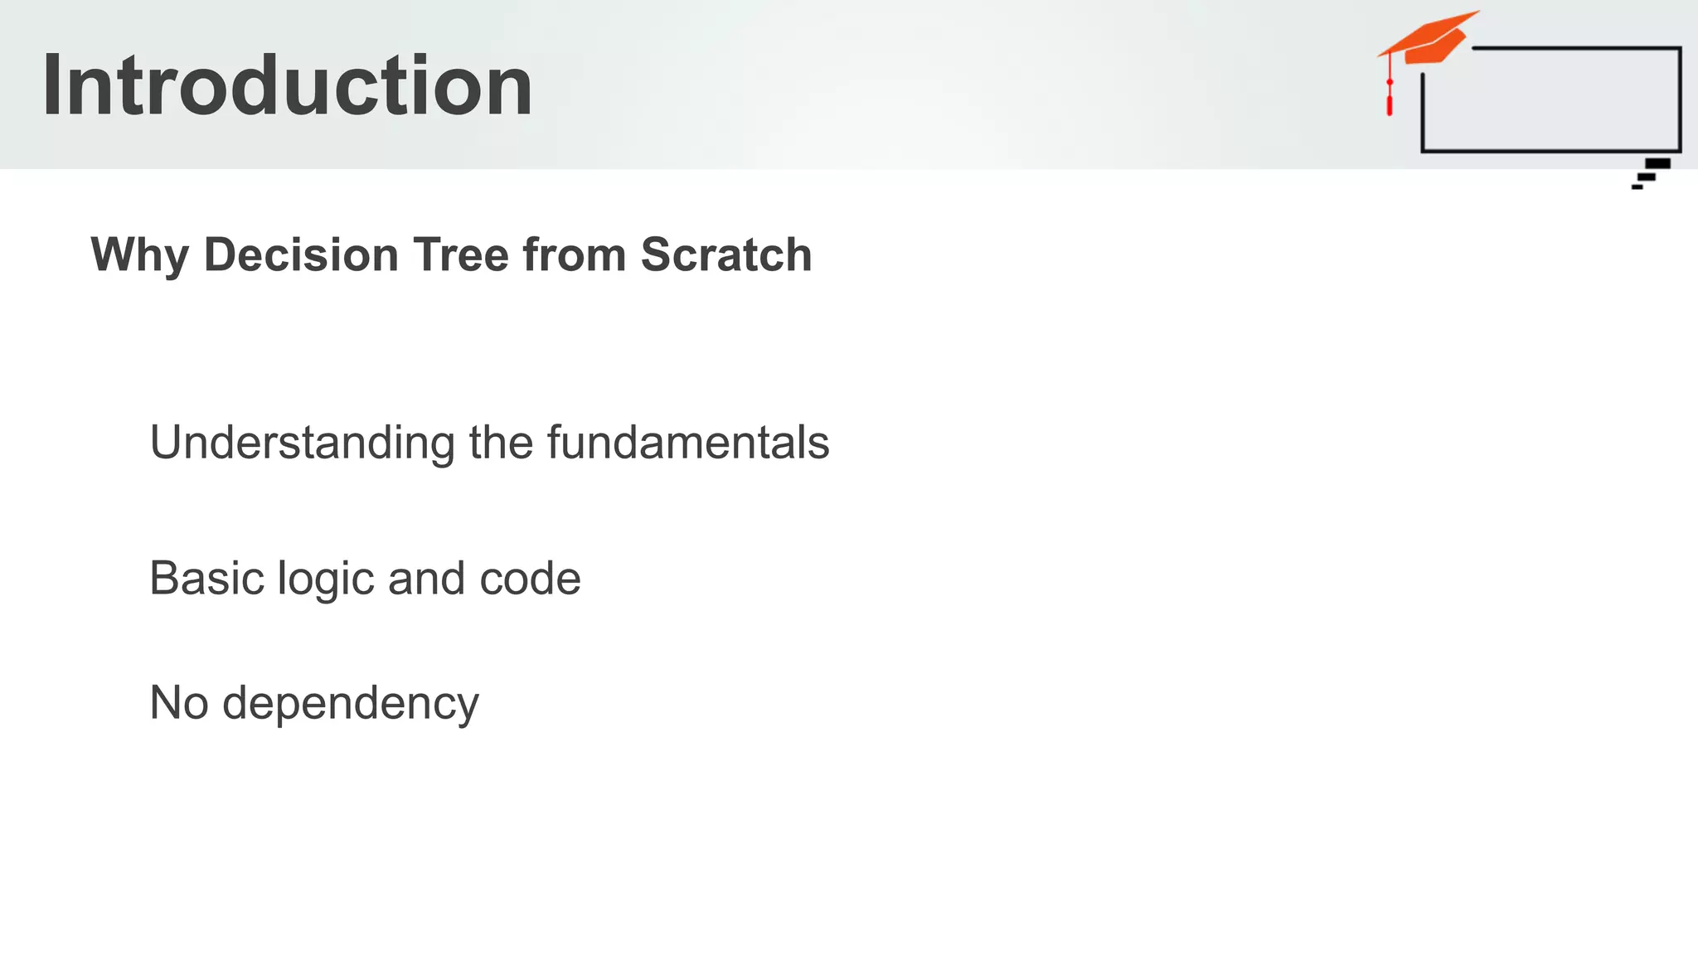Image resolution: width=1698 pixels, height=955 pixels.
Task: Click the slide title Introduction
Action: point(287,85)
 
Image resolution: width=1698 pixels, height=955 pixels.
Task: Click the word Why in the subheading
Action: point(139,255)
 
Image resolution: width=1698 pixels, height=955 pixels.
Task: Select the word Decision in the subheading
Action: point(301,254)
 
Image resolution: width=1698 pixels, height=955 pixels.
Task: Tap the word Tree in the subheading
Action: point(461,254)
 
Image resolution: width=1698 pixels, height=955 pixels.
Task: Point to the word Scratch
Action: point(725,254)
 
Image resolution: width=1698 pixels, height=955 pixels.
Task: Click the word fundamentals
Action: point(687,443)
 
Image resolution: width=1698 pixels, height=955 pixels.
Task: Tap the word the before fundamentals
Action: point(501,443)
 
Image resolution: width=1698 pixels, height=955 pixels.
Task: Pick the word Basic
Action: point(206,578)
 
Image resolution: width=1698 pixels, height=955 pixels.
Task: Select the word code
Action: point(530,578)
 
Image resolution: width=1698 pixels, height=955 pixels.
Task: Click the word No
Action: point(179,703)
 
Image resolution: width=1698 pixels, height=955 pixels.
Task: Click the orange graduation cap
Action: point(1431,38)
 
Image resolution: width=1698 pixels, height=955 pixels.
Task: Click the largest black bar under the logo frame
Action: point(1657,163)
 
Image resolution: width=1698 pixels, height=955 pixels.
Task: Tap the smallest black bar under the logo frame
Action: point(1637,187)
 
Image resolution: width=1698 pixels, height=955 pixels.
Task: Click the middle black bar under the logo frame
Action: point(1647,177)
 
